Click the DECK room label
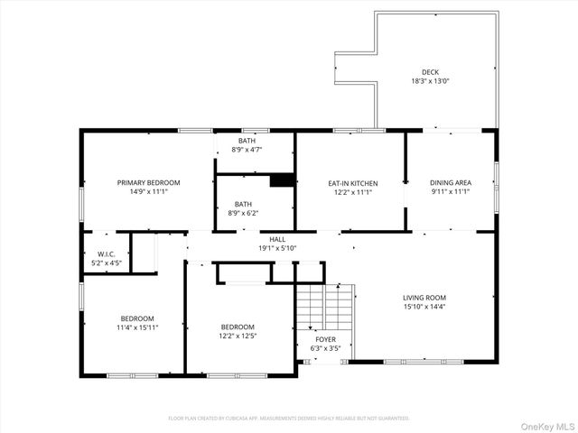click(430, 72)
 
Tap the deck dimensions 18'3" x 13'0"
click(430, 81)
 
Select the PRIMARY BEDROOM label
click(149, 182)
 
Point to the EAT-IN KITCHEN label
click(352, 183)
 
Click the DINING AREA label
click(450, 183)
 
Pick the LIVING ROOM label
click(424, 298)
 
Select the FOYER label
click(325, 339)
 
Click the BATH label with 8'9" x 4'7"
click(247, 141)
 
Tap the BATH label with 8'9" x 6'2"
click(244, 204)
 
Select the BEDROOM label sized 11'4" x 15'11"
click(137, 318)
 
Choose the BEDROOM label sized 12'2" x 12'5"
click(238, 327)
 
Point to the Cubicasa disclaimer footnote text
click(289, 419)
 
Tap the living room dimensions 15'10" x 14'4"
click(424, 307)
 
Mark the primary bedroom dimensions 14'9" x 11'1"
click(149, 191)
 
